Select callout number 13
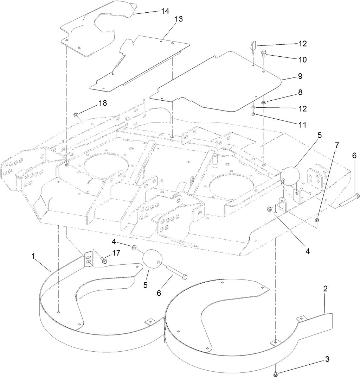coord(179,19)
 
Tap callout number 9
coord(300,75)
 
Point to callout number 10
coord(302,60)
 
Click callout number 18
coord(102,103)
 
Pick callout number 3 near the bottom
coord(327,360)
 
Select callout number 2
coord(326,289)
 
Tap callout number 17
coord(116,253)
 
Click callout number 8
coord(300,92)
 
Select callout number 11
coord(302,125)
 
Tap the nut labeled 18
coord(75,115)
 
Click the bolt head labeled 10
coord(263,54)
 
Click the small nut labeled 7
coord(317,220)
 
